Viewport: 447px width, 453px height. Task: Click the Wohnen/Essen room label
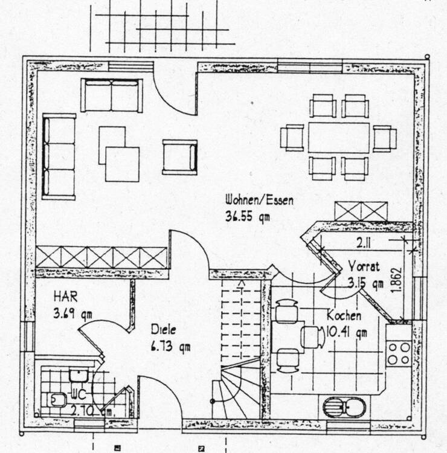tap(259, 200)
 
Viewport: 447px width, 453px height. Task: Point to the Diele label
tap(163, 331)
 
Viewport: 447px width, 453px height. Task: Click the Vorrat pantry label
tap(364, 266)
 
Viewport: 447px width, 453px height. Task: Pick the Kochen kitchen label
tap(344, 316)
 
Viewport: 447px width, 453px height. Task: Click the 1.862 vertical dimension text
tap(397, 281)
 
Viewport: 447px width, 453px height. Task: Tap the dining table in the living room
tap(338, 138)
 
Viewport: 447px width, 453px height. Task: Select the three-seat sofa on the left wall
tap(59, 156)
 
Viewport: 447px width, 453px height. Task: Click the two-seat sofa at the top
tap(112, 95)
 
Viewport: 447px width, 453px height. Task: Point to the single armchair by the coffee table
tap(179, 157)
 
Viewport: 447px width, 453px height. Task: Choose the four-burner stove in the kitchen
tap(399, 353)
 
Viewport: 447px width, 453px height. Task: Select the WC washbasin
tap(79, 375)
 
